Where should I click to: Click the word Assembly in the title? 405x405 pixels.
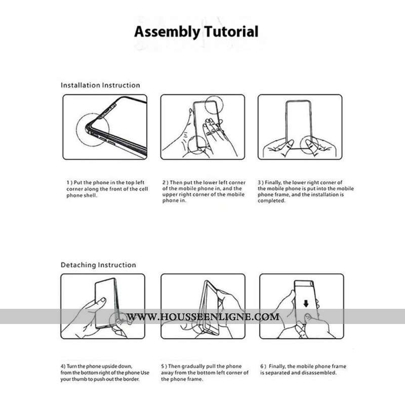(x=167, y=32)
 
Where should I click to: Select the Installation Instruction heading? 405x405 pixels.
(x=100, y=85)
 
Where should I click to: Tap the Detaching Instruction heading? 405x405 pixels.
(x=98, y=265)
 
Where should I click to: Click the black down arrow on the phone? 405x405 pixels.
(x=305, y=304)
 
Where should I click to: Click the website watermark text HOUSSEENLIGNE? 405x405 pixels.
(x=202, y=317)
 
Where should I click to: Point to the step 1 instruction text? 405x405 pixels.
(x=107, y=188)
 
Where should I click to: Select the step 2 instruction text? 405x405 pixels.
(x=204, y=191)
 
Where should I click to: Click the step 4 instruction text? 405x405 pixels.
(x=105, y=372)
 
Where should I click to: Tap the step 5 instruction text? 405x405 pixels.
(x=205, y=372)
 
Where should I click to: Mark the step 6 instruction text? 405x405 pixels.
(x=303, y=370)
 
